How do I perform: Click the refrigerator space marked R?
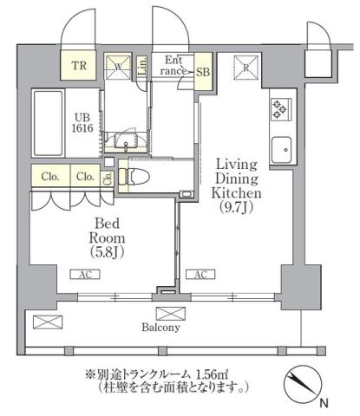246,68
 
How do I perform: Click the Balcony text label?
162,328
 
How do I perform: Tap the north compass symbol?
300,385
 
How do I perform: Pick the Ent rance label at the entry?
173,66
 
